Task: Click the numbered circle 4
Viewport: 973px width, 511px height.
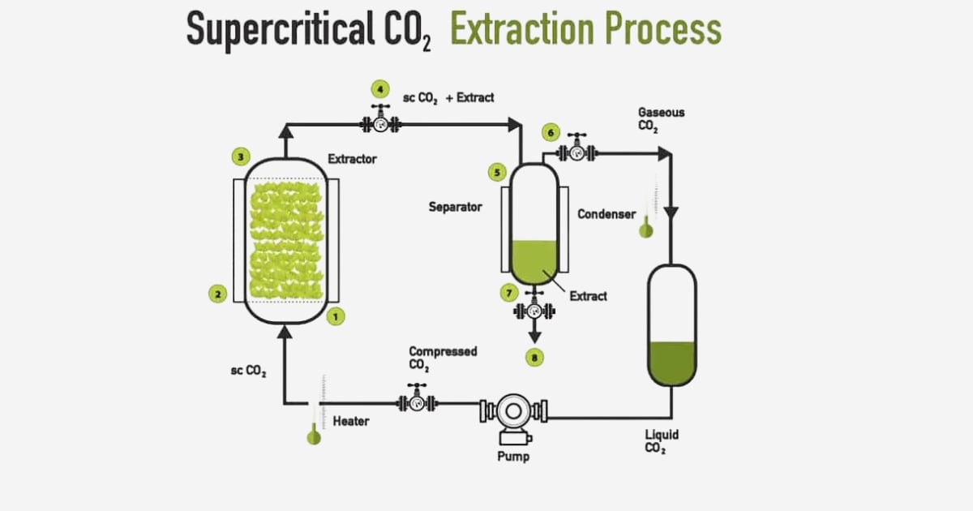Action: coord(379,88)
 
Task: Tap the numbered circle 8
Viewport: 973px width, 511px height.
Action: coord(534,357)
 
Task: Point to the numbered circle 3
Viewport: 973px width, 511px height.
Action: coord(240,156)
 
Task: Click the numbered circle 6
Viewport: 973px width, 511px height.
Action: coord(551,131)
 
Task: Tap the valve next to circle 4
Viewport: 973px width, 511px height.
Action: coord(379,123)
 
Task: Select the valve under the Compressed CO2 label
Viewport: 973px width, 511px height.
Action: coord(417,401)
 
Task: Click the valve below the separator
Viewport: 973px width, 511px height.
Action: coord(534,309)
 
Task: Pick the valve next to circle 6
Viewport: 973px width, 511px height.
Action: coord(577,151)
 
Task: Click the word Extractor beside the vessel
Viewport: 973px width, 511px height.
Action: coord(352,159)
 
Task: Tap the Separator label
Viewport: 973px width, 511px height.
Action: coord(455,207)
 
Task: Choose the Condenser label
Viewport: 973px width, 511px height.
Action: coord(607,214)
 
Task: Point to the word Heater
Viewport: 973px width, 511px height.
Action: coord(351,421)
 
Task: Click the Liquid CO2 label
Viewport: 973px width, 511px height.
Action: coord(662,441)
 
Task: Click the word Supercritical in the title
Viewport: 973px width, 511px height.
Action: coord(274,30)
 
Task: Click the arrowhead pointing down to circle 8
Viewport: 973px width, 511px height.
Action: coord(534,335)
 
